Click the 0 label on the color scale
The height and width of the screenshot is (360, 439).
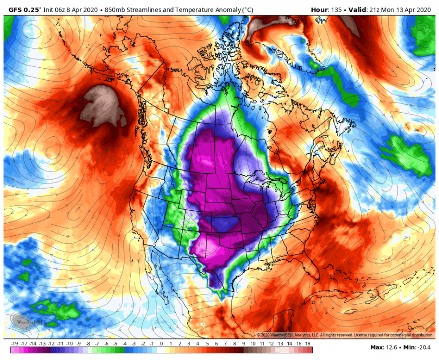(162, 344)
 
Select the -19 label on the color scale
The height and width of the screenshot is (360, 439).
(14, 344)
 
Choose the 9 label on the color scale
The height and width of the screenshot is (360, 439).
(244, 344)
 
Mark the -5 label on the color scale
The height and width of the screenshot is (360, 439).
(115, 344)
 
